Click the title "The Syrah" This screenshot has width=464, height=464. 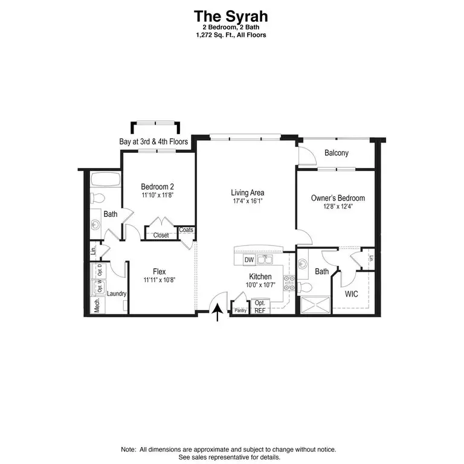(x=231, y=16)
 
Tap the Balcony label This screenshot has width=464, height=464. (x=337, y=153)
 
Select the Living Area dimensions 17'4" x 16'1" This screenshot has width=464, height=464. (x=248, y=201)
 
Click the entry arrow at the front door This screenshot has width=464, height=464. (x=217, y=312)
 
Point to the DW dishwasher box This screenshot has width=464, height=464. (x=249, y=260)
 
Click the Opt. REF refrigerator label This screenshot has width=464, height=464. (x=260, y=307)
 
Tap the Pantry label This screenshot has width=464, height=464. (x=240, y=311)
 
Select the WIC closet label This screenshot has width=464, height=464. (x=351, y=294)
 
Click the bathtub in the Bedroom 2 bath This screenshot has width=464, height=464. (x=105, y=179)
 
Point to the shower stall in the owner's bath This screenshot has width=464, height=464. (x=315, y=304)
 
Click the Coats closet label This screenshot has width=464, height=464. (x=186, y=230)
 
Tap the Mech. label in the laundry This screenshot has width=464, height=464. (x=97, y=305)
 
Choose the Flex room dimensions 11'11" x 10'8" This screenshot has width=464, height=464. (x=159, y=280)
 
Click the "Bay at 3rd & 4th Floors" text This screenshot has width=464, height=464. (x=153, y=142)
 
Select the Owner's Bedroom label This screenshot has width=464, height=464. (x=338, y=198)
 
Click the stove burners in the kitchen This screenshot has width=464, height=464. (x=289, y=283)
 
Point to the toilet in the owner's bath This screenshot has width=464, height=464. (x=304, y=287)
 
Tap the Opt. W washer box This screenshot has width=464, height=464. (x=98, y=286)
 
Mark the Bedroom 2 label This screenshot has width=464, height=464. (x=157, y=187)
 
